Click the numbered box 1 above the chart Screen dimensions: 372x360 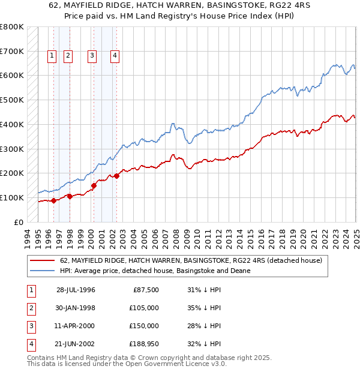[x=52, y=56]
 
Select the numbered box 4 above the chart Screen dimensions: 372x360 [x=114, y=56]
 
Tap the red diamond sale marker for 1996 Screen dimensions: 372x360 [x=54, y=200]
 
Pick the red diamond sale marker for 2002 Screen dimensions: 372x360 [x=116, y=176]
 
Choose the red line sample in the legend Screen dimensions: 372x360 [x=44, y=260]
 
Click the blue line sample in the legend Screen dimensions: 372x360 [x=44, y=271]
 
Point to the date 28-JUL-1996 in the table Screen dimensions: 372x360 [x=76, y=290]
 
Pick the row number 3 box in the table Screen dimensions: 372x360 [x=30, y=326]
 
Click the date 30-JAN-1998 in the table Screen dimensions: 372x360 [x=76, y=308]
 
